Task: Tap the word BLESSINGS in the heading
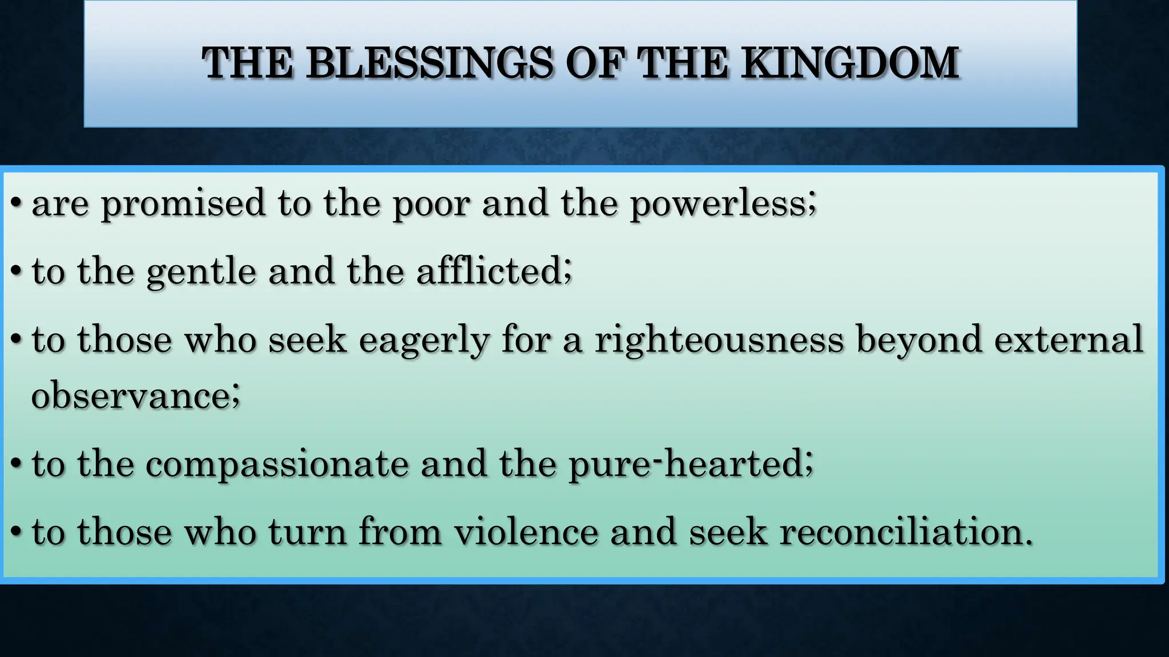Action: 429,62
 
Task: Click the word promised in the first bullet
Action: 183,204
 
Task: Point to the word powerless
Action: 723,203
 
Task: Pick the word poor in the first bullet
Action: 431,204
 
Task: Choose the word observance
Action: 135,395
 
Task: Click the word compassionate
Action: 277,463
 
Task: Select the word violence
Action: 526,532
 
